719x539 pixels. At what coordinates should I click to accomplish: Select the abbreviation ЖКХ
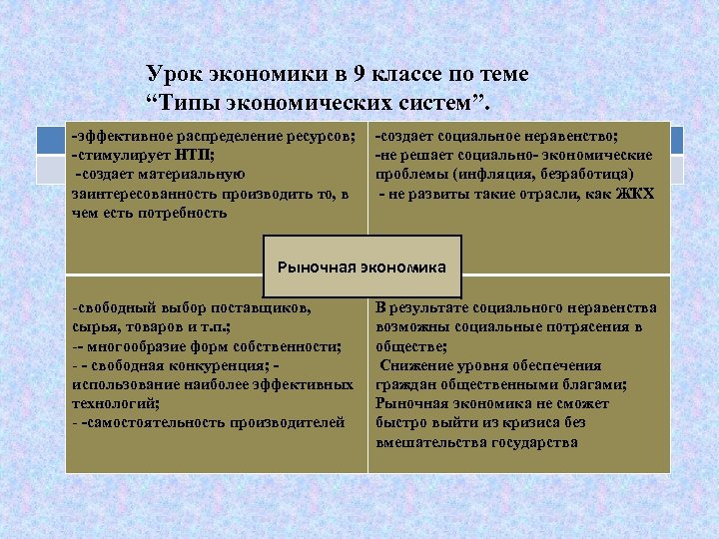[634, 193]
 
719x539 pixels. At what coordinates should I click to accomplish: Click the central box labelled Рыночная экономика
[362, 268]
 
